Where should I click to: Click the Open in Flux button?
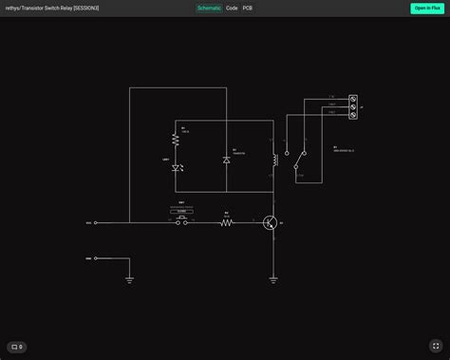coord(426,8)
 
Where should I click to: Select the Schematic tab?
coord(209,8)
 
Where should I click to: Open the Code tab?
coord(232,8)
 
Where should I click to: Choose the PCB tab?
coord(248,8)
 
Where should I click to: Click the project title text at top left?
coord(52,8)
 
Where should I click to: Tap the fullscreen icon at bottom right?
coord(436,346)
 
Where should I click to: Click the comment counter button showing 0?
coord(17,347)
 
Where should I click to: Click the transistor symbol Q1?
coord(271,223)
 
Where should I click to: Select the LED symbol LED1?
coord(176,168)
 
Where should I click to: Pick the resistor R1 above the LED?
coord(176,140)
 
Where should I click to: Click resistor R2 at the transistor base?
coord(227,223)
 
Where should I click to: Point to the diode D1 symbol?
coord(226,161)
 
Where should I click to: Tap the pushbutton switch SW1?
coord(180,221)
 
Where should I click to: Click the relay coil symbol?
coord(273,159)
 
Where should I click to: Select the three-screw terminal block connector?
coord(353,107)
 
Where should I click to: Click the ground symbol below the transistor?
coord(273,279)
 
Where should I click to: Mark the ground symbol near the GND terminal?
coord(129,279)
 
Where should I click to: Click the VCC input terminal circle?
coord(96,223)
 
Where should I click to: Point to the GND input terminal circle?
coord(96,257)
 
